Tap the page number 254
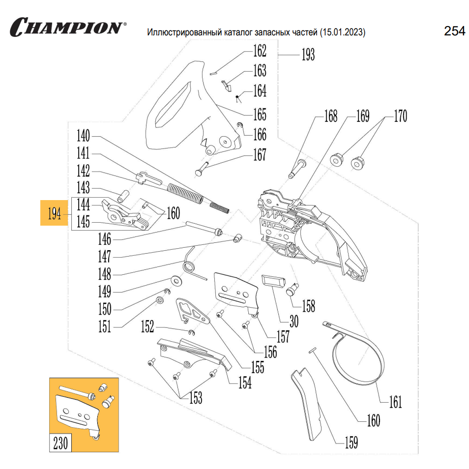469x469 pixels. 454,31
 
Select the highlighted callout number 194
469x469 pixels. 55,214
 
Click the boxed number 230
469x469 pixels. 60,443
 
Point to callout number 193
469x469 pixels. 308,54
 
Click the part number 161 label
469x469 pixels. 395,402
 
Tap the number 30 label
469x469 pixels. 293,322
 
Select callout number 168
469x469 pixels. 330,117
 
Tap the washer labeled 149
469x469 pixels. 176,280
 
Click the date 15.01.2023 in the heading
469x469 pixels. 342,33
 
